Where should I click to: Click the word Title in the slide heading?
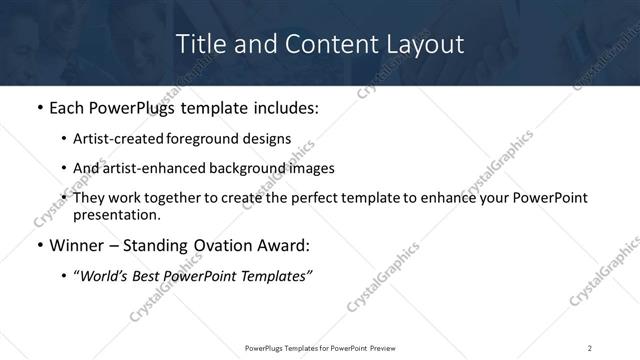coord(200,44)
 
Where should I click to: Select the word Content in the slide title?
coord(319,44)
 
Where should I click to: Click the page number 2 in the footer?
coord(589,347)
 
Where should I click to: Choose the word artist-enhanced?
coord(152,168)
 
